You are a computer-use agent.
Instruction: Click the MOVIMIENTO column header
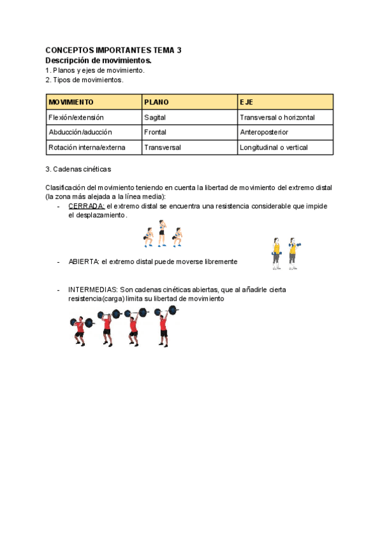pos(71,102)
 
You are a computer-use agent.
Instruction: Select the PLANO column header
pos(157,102)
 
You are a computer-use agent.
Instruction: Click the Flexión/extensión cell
pos(76,117)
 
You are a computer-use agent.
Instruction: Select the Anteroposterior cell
pos(264,132)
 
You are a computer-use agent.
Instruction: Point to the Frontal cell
pos(155,132)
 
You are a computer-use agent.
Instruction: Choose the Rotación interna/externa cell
pos(87,148)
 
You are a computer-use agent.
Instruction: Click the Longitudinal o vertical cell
pos(274,148)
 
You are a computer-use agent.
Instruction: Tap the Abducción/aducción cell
pos(80,132)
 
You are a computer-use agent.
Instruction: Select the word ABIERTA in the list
pos(83,261)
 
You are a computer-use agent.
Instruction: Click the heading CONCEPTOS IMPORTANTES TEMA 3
pos(114,50)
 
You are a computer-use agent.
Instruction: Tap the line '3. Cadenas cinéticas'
pos(79,169)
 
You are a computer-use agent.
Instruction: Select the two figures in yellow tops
pos(284,253)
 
